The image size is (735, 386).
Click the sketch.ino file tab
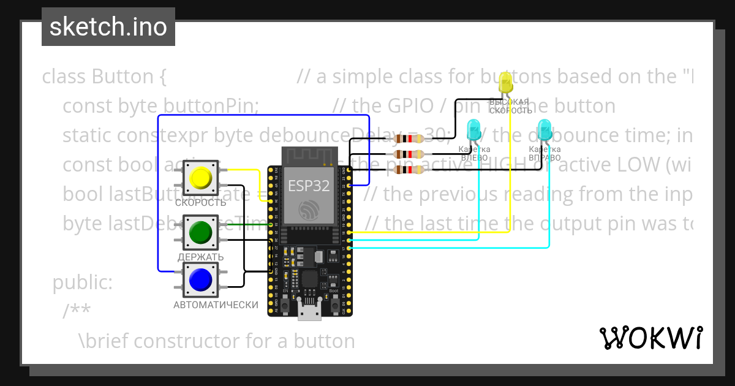point(108,27)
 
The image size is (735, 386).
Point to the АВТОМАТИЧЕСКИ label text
point(216,305)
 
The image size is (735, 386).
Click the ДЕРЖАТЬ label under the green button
point(200,257)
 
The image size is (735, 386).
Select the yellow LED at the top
point(506,83)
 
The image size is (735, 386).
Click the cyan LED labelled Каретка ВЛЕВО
point(473,130)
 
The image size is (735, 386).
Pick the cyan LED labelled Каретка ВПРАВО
point(544,130)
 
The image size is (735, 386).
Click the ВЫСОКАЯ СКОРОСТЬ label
point(510,106)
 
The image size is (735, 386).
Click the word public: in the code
point(83,282)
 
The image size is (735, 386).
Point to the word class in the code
point(64,77)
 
